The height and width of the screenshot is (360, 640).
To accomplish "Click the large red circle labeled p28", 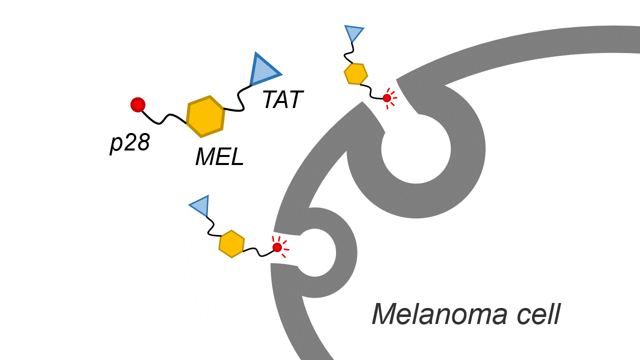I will point(138,104).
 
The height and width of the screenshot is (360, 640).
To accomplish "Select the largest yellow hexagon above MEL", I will point(205,116).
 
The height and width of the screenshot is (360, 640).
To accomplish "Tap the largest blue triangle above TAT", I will point(262,70).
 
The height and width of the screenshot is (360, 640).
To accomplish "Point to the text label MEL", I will point(219,158).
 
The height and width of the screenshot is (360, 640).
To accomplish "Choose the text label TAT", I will point(282,100).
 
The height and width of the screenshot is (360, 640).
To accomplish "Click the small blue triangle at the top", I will point(353,33).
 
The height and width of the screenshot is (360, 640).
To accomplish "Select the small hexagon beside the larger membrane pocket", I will point(355,74).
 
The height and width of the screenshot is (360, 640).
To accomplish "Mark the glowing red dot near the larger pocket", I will point(387,98).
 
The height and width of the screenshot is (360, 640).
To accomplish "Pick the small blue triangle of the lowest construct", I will point(200,205).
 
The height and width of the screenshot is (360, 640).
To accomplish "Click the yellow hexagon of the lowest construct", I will point(231,243).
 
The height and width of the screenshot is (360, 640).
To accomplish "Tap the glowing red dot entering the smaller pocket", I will point(277,247).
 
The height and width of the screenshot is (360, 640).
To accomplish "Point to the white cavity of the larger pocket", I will point(416,148).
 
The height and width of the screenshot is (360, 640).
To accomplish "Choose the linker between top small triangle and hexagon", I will point(352,52).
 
